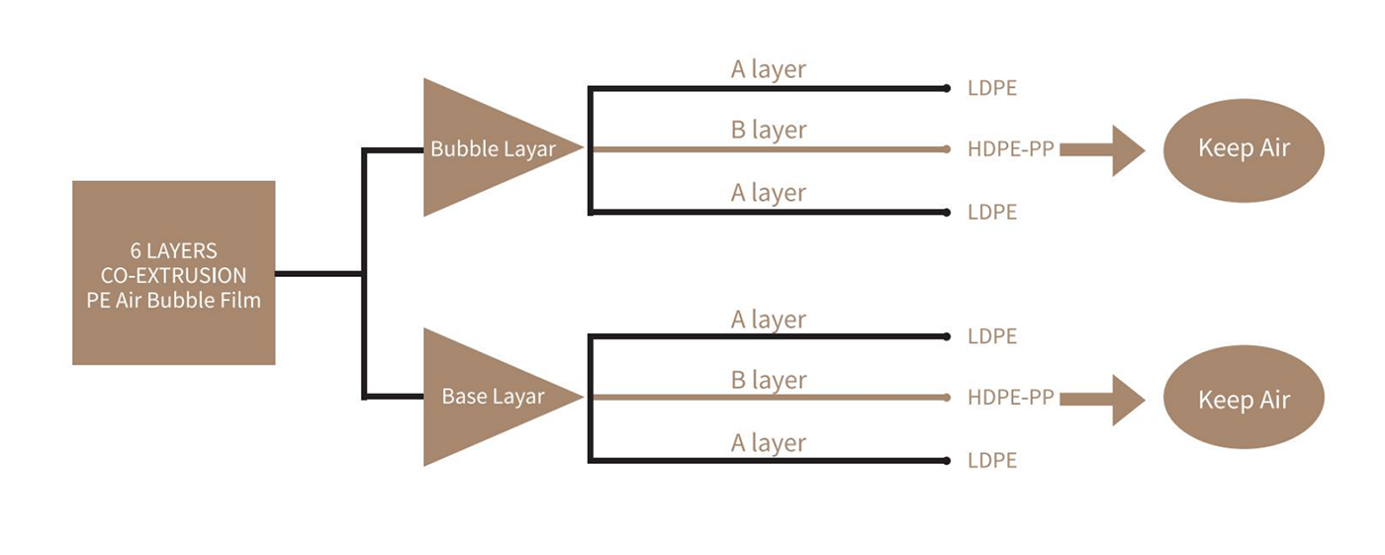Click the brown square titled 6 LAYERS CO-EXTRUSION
(x=173, y=272)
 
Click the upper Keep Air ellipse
(x=1244, y=149)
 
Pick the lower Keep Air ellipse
(x=1244, y=400)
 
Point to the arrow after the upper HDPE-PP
(x=1101, y=150)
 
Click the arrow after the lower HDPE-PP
(x=1101, y=400)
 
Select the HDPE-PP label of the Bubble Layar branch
(x=1011, y=149)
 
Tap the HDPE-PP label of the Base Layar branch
(x=1011, y=398)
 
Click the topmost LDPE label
(x=992, y=88)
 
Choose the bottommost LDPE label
(x=992, y=460)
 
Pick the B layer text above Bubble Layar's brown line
(x=769, y=131)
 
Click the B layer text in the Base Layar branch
(x=769, y=380)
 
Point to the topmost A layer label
(x=769, y=69)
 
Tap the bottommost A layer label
(x=769, y=442)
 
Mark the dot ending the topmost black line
(x=947, y=88)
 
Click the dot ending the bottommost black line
(x=947, y=460)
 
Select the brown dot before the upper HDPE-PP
(x=947, y=149)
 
